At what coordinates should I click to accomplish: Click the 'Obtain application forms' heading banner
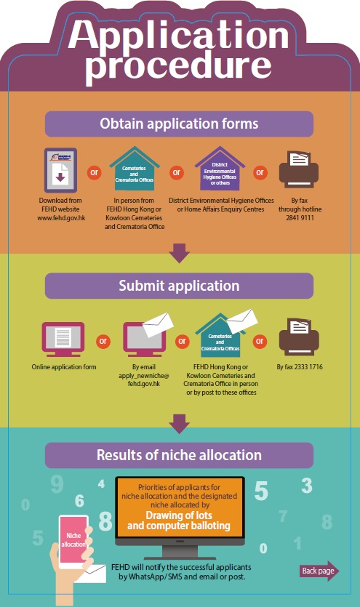(179, 124)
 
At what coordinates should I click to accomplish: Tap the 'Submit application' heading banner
(179, 286)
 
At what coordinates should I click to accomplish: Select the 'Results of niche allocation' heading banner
(179, 455)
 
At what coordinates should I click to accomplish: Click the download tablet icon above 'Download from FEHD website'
(60, 170)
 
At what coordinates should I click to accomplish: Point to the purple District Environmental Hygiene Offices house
(220, 169)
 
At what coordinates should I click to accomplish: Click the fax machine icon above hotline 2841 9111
(299, 169)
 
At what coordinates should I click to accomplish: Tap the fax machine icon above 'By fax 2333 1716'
(299, 337)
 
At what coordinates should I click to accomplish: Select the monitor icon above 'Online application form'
(63, 339)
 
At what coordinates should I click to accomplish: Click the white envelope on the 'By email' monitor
(158, 324)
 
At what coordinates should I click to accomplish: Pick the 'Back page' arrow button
(319, 571)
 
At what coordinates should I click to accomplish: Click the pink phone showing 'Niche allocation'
(73, 541)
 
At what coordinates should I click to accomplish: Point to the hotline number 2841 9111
(300, 218)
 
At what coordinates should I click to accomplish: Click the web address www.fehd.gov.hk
(61, 218)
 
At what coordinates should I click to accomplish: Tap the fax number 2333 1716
(308, 367)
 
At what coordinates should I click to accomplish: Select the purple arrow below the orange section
(179, 253)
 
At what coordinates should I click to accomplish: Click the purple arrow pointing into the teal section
(179, 424)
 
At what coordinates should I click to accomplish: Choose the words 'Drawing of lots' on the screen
(179, 515)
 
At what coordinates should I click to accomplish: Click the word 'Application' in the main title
(178, 36)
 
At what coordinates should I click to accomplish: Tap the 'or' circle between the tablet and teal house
(94, 172)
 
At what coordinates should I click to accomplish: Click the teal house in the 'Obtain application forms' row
(135, 169)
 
